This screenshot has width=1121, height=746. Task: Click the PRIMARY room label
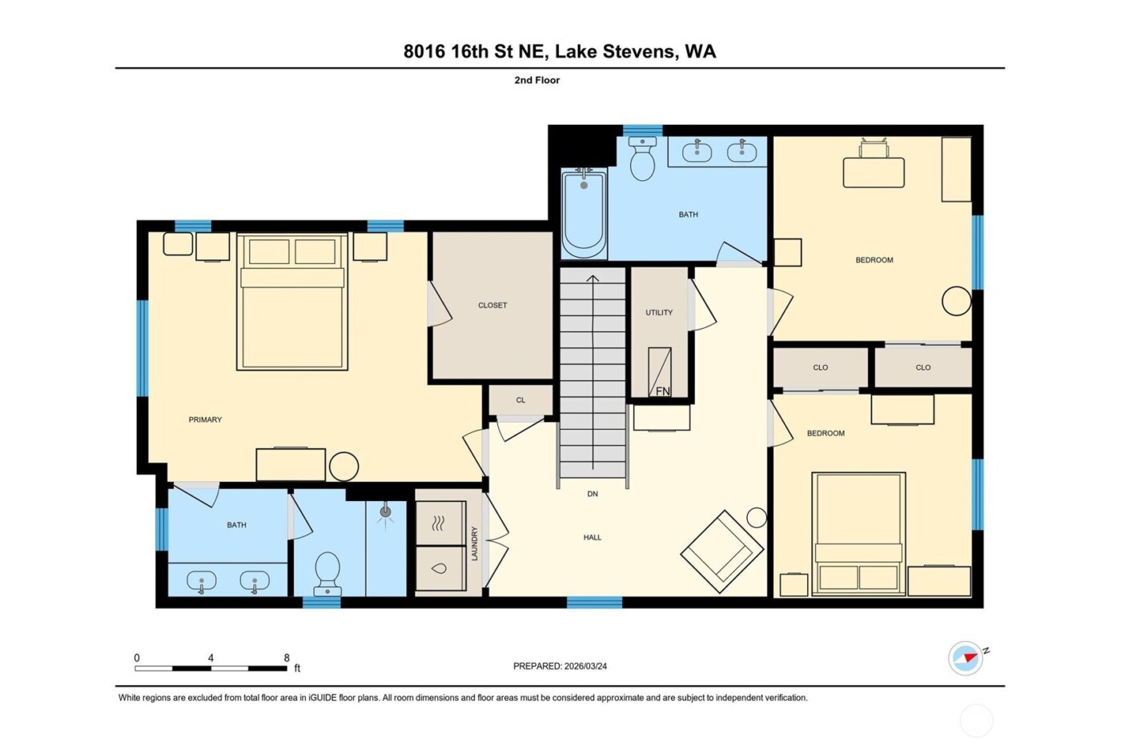coord(205,419)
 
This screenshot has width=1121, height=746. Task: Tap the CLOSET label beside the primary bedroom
coord(492,305)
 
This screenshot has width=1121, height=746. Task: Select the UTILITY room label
coord(659,312)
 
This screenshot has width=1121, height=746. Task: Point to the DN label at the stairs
coord(593,494)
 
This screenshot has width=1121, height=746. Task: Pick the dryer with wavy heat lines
coord(440,523)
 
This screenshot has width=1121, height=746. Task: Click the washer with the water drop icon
coord(440,568)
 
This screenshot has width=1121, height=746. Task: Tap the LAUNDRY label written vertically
coord(475,543)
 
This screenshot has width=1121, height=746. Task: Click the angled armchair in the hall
coord(721,547)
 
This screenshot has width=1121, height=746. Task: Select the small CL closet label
coord(520,400)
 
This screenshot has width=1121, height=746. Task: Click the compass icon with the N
coord(966,658)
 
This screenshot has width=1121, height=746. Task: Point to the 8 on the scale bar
coord(287,658)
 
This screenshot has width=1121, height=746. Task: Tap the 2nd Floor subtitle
coord(536,80)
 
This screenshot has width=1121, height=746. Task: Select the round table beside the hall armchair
coord(757,517)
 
